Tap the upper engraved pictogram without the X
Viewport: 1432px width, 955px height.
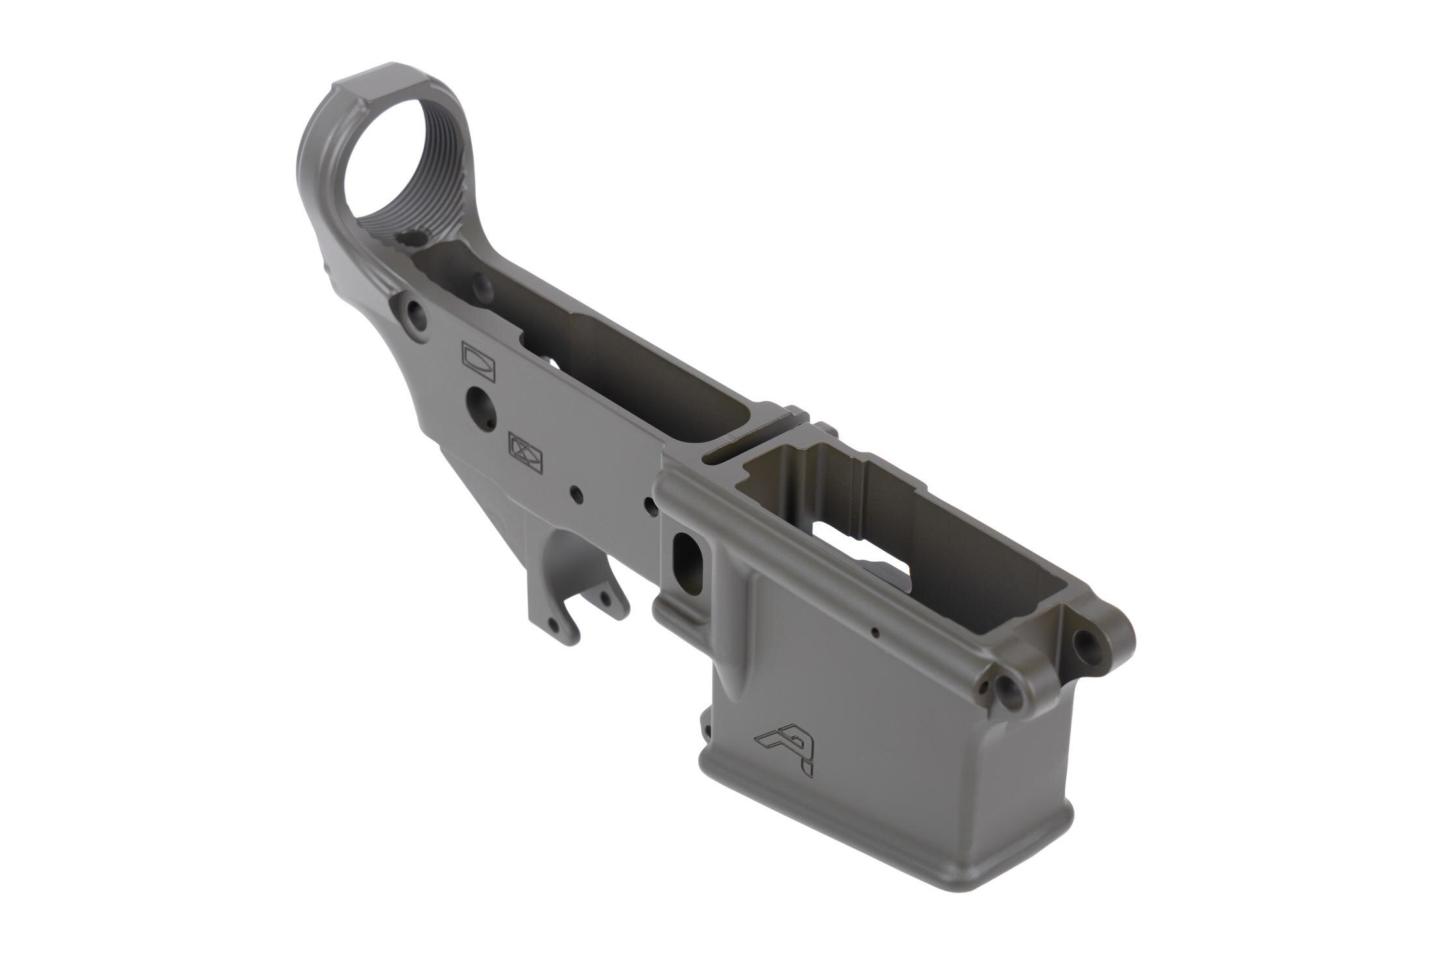pos(478,360)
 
